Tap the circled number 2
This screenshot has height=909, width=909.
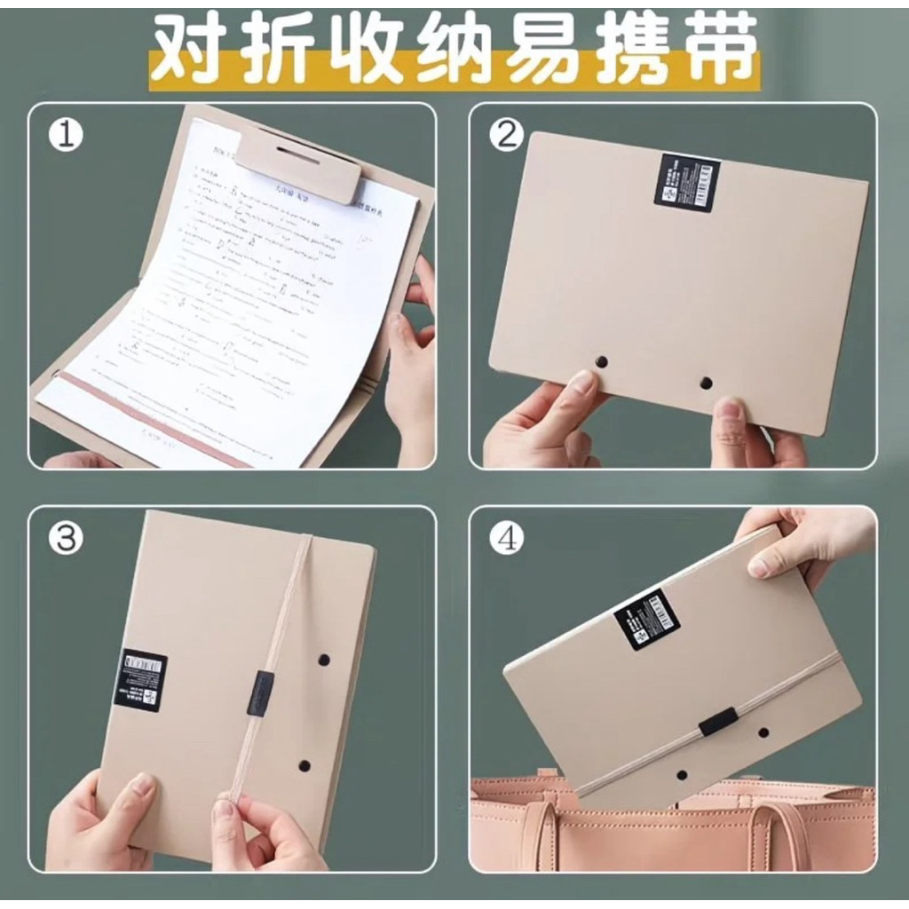507,135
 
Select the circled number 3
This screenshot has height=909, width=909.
65,539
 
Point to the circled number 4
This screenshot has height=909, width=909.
507,539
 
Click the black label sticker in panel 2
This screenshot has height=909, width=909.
685,182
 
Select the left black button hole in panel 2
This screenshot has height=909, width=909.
601,361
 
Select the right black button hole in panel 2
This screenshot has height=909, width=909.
706,383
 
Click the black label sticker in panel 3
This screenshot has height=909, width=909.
140,679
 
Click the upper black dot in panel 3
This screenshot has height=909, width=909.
323,660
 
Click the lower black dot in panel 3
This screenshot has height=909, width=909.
304,763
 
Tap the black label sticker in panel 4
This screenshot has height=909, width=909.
646,618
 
